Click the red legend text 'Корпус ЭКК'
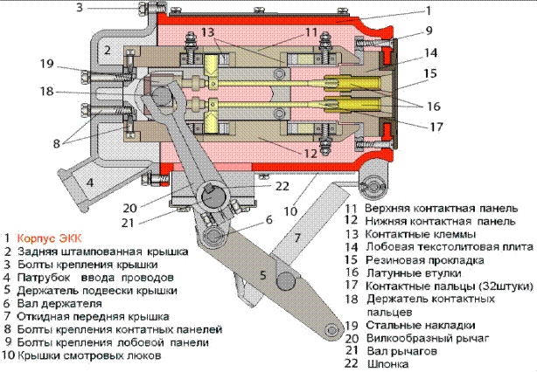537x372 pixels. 50,238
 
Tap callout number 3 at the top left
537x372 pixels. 80,7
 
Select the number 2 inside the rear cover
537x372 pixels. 108,51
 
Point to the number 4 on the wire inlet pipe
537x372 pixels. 90,183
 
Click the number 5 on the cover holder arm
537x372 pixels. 263,275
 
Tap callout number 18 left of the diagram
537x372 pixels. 47,92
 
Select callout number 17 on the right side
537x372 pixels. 436,127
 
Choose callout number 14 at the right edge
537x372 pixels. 431,52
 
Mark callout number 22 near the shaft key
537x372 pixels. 282,186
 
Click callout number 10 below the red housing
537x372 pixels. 290,211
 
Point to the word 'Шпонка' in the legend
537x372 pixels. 388,364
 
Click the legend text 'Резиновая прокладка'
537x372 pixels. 425,260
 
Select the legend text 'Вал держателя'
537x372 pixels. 59,303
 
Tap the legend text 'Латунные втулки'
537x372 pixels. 414,272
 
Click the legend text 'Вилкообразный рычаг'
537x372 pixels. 428,338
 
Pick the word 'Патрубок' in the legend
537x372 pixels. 44,278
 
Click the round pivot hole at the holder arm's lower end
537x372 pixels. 331,330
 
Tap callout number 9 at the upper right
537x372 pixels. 429,31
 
